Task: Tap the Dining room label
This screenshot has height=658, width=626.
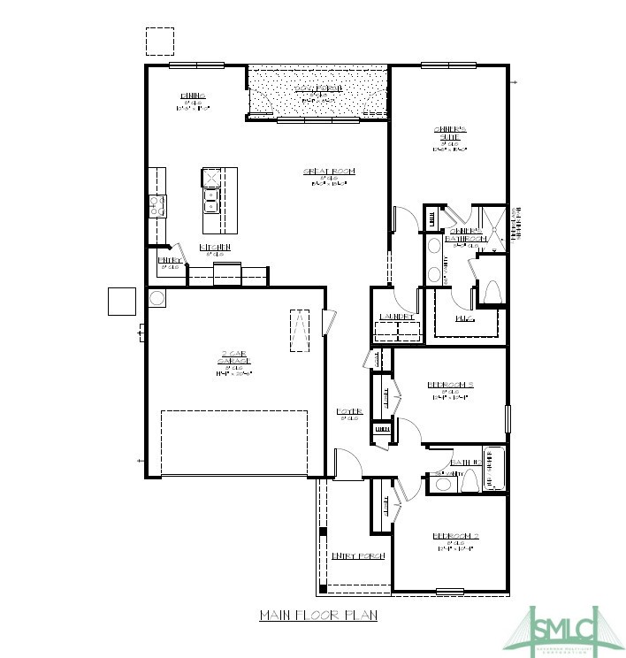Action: click(193, 96)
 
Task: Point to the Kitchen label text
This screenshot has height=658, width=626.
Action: click(215, 247)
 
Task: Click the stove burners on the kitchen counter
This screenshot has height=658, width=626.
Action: click(156, 207)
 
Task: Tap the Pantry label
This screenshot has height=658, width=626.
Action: click(171, 261)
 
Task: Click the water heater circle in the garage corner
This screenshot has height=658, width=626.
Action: click(156, 298)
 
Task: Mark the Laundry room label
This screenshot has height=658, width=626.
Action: click(396, 317)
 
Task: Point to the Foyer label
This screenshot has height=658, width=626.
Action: click(349, 412)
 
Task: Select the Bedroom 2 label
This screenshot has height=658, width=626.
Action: click(456, 537)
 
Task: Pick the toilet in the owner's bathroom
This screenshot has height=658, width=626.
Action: click(491, 293)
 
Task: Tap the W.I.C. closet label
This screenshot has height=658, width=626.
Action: click(464, 317)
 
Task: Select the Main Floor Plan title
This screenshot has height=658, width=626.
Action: click(317, 615)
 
